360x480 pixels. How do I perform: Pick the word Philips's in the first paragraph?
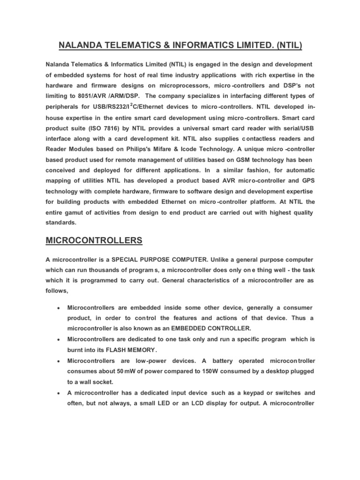[137, 150]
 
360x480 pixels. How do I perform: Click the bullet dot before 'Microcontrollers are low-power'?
[57, 361]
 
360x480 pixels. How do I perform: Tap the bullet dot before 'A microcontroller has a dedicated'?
[57, 393]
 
